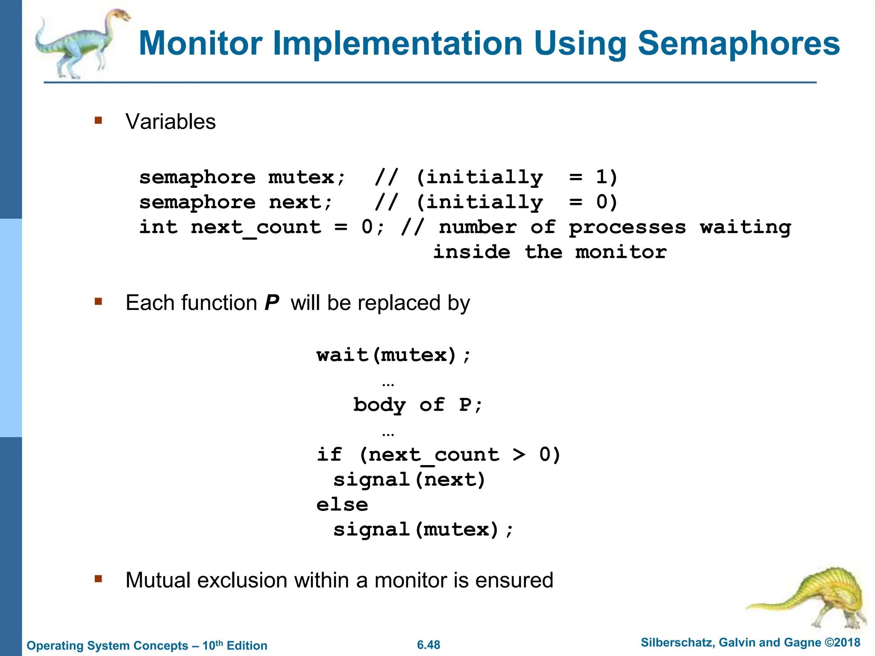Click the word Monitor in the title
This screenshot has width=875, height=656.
click(x=200, y=43)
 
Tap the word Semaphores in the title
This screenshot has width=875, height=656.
click(x=739, y=43)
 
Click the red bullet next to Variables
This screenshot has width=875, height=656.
click(x=99, y=121)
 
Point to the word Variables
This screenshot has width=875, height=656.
click(x=170, y=122)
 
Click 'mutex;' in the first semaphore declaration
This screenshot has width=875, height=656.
click(x=307, y=177)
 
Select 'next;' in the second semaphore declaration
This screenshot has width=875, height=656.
click(x=300, y=202)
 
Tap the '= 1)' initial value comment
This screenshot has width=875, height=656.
click(x=593, y=177)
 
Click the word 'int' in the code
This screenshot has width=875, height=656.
click(x=158, y=227)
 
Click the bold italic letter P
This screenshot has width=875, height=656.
click(x=272, y=303)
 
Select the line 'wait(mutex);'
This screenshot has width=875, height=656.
click(x=393, y=355)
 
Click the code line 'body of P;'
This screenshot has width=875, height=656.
click(x=417, y=405)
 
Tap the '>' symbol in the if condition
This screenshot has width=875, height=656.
click(x=519, y=454)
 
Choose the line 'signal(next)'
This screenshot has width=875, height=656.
click(x=409, y=480)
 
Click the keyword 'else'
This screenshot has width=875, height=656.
click(x=342, y=505)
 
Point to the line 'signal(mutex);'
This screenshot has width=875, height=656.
click(x=423, y=530)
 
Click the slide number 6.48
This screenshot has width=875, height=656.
click(x=429, y=645)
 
